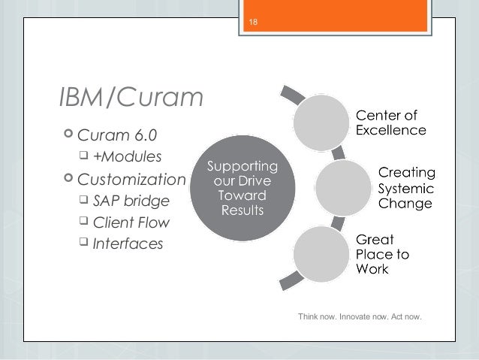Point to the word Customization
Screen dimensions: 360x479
(131, 180)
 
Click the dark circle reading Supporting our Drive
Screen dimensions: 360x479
(242, 188)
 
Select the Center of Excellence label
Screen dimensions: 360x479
(391, 123)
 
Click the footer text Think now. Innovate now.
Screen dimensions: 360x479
(360, 316)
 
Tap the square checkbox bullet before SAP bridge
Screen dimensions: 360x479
(85, 201)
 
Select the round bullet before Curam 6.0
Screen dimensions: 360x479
(69, 135)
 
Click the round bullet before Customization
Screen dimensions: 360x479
(69, 180)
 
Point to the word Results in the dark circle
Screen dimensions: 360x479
(242, 208)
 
